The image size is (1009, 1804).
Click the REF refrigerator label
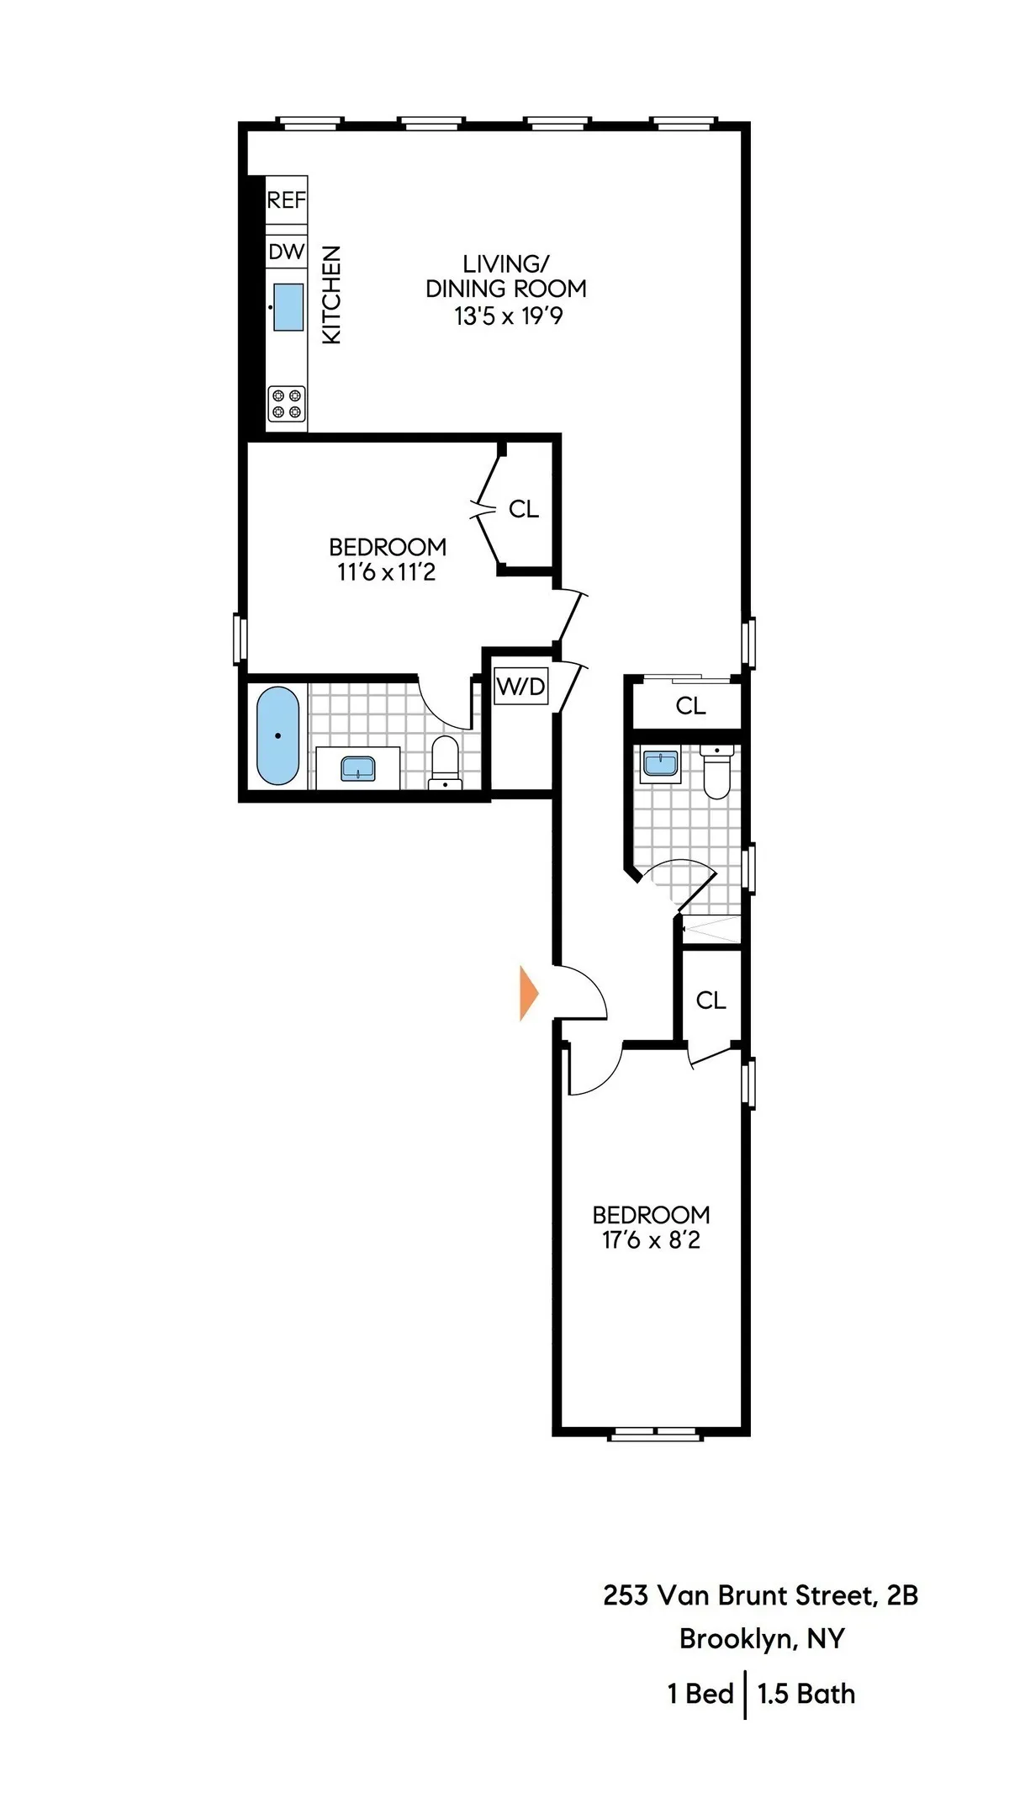[x=286, y=200]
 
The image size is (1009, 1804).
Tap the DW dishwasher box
[x=286, y=252]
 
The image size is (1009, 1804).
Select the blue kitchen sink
[x=288, y=307]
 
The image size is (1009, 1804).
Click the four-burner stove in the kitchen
[x=286, y=403]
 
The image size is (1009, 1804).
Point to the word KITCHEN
[x=332, y=294]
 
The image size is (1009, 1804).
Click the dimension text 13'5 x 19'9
[x=508, y=316]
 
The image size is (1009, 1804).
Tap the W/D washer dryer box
[x=521, y=686]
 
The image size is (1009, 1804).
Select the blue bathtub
[x=277, y=736]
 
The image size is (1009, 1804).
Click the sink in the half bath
[x=660, y=764]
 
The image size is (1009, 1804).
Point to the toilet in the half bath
[x=716, y=772]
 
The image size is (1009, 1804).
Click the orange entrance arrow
[x=528, y=994]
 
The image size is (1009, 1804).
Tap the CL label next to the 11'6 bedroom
[x=523, y=509]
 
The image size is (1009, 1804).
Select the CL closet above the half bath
[x=690, y=706]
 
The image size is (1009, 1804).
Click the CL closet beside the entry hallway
[x=711, y=1000]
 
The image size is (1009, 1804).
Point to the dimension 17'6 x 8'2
[x=651, y=1240]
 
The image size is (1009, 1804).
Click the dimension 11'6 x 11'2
[x=387, y=573]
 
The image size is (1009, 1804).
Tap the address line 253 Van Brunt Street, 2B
[x=760, y=1595]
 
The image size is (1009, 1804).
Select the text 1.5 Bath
[x=806, y=1693]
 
